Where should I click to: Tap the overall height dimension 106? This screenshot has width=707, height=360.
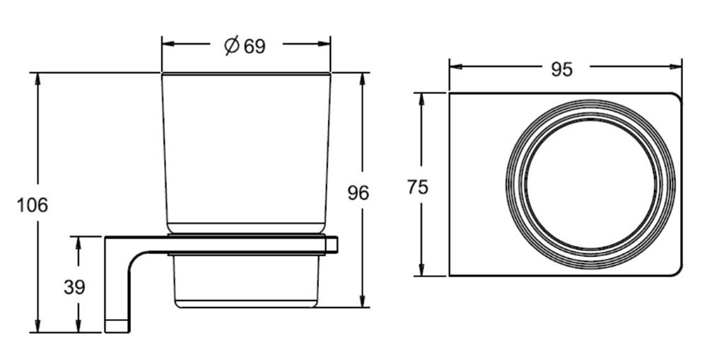click(x=33, y=206)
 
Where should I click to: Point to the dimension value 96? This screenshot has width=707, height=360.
click(x=358, y=192)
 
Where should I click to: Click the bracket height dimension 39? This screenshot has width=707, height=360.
click(x=74, y=288)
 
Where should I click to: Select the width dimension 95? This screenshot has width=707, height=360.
click(x=561, y=69)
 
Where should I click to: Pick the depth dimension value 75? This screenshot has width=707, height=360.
click(x=418, y=187)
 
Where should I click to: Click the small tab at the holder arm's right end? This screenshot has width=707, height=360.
click(x=332, y=245)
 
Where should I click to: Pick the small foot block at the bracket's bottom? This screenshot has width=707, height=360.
click(x=117, y=325)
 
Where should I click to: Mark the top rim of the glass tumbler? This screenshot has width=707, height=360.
click(x=246, y=73)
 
